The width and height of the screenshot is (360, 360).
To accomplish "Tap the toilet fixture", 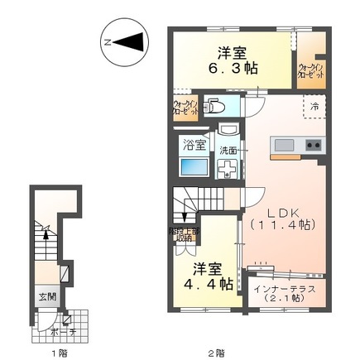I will pyautogui.click(x=215, y=107).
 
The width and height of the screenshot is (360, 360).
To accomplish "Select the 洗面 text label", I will pyautogui.click(x=228, y=150).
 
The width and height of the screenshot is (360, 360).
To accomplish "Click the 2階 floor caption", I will pyautogui.click(x=216, y=353).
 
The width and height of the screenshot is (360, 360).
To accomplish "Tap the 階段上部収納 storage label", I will pyautogui.click(x=185, y=235).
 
